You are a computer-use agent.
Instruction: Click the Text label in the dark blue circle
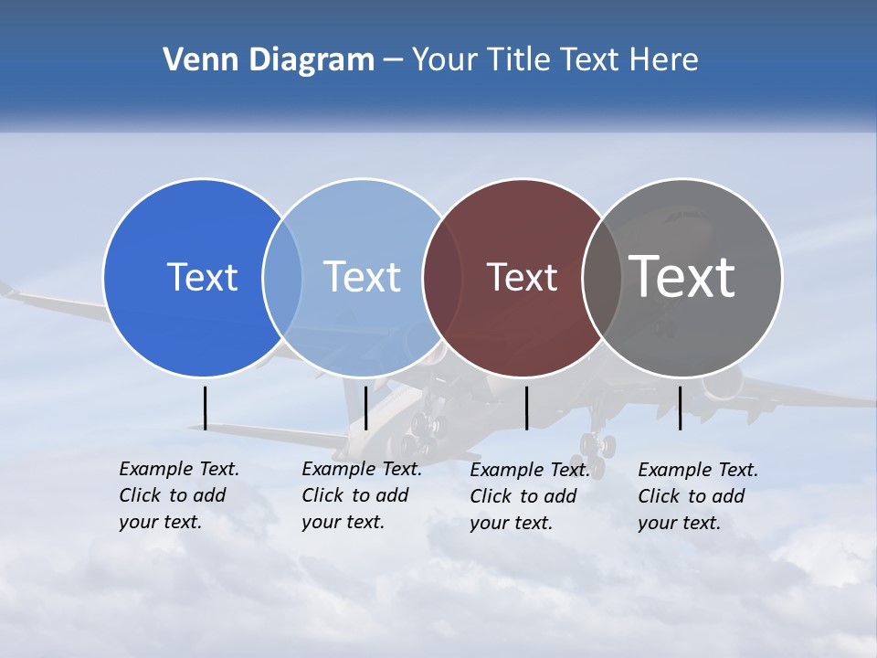point(202,277)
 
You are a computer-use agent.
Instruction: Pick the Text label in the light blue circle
point(362,277)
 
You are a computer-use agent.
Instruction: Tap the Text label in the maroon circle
point(522,277)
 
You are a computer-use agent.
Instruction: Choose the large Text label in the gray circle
point(682,276)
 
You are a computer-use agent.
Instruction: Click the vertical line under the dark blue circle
point(206,408)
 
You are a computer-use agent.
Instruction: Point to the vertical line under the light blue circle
point(365,408)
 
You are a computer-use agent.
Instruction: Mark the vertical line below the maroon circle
point(526,408)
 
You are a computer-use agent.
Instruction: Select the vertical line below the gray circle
point(680,408)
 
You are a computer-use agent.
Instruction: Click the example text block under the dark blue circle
point(178,495)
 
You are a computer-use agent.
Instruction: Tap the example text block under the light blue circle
point(361,495)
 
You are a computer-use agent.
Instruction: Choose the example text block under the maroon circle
point(529,496)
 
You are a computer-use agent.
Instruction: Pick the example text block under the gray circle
point(697,496)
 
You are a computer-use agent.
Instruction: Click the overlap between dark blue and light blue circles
point(282,277)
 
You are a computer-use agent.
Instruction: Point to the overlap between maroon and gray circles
point(601,277)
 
